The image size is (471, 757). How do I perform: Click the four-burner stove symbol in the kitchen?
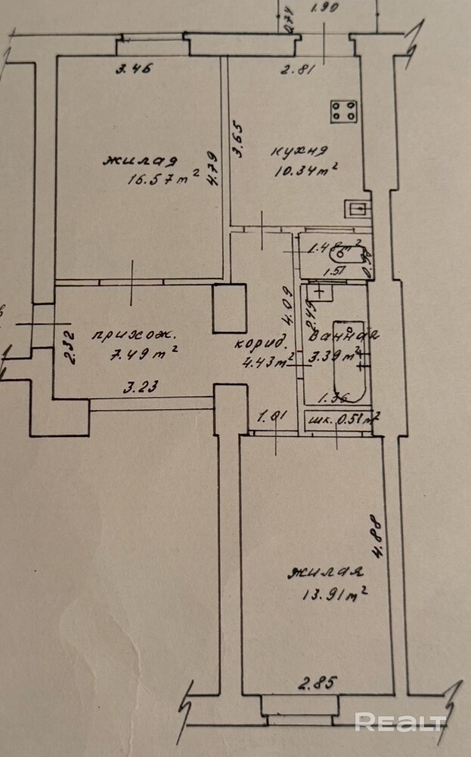(344, 112)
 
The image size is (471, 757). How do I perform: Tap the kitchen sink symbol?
(358, 207)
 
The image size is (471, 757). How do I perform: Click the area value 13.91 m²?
(331, 594)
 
